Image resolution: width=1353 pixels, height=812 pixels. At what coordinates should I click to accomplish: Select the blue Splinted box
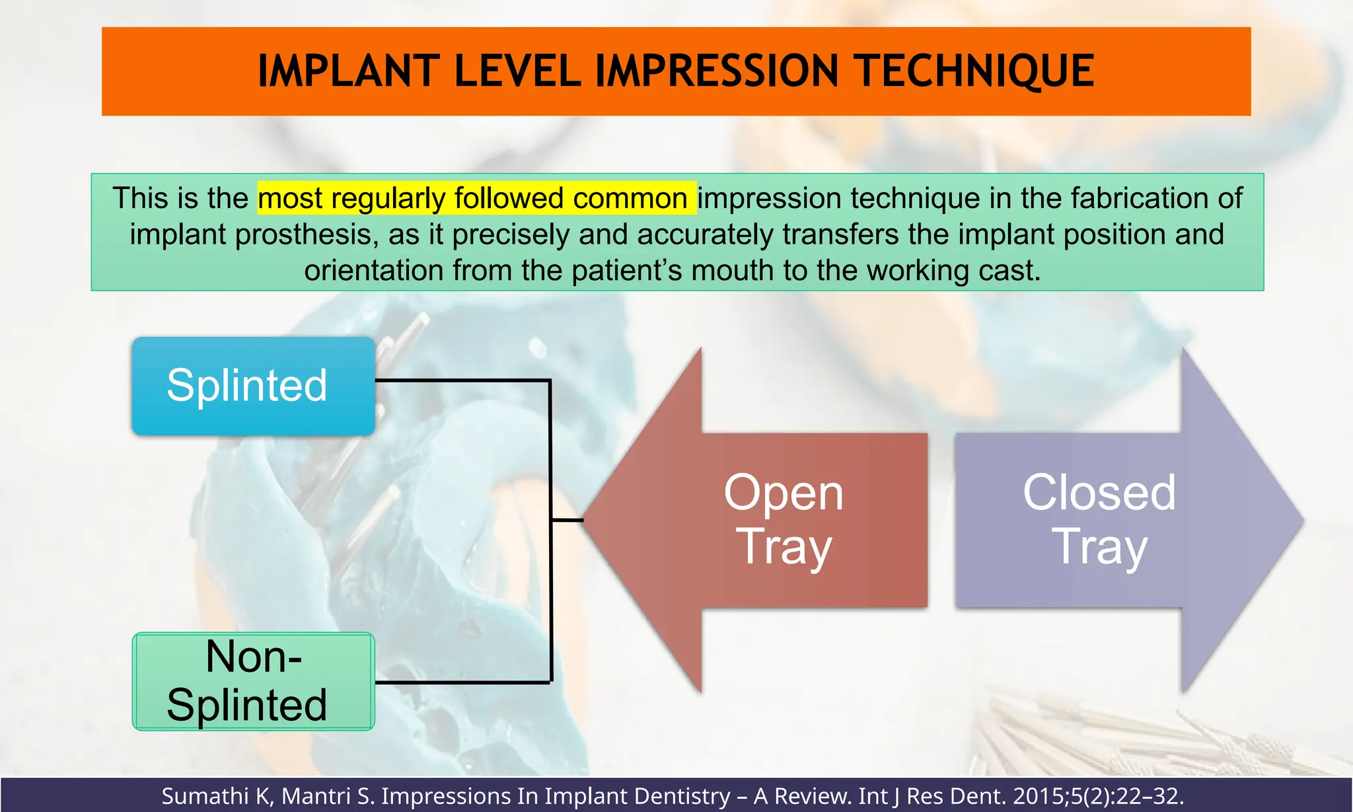click(x=253, y=386)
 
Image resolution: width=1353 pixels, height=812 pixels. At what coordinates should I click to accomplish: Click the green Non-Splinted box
click(x=253, y=681)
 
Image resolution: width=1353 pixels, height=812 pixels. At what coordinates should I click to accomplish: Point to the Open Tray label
click(x=784, y=519)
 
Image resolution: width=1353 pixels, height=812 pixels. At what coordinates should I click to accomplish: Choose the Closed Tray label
click(x=1099, y=519)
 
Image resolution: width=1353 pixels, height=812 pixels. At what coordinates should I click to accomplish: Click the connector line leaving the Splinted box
click(x=462, y=381)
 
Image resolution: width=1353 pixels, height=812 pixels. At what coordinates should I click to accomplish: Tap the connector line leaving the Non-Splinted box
click(x=462, y=682)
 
